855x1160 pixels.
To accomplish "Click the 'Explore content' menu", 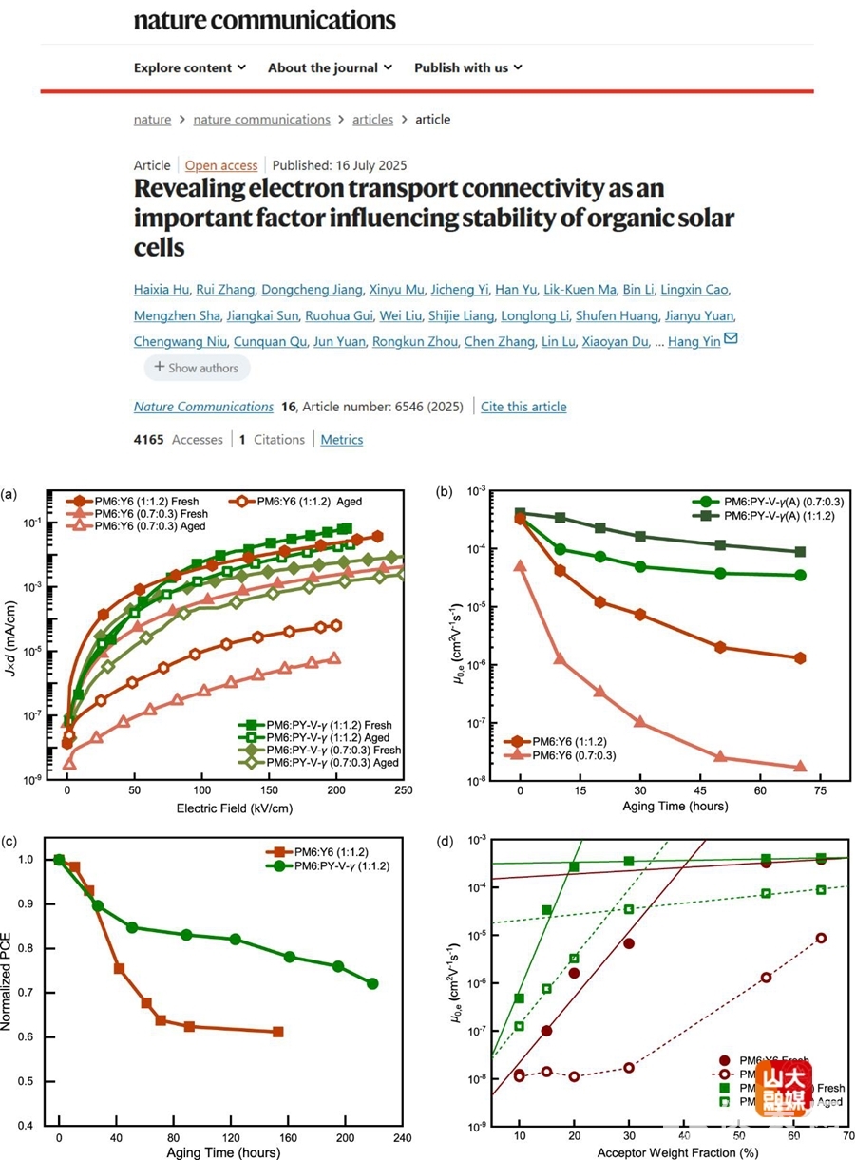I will coord(189,67).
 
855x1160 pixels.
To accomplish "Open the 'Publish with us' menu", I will coord(467,67).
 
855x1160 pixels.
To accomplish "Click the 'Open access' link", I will coord(221,165).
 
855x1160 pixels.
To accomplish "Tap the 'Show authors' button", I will coord(198,367).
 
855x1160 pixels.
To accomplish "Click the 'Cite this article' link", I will coord(523,407).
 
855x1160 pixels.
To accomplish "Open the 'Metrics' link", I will coord(341,439).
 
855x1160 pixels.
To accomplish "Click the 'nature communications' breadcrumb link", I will coord(261,119).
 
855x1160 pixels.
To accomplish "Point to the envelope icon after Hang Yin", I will coord(731,339).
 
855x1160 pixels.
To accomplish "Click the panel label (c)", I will coord(9,841).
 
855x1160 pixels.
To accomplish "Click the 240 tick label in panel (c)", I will coord(402,1138).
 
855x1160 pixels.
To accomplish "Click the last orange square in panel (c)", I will coord(277,1032).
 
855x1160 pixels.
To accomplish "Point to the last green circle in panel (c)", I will coord(371,984).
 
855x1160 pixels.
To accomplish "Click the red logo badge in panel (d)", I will coord(784,1088).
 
